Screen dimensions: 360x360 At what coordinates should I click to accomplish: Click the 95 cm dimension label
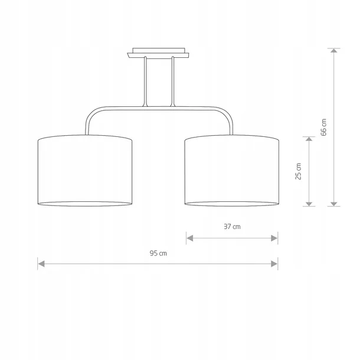coord(158,253)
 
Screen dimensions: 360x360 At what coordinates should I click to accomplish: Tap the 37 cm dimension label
coord(232,227)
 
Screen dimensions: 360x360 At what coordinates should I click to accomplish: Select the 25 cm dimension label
coord(298,171)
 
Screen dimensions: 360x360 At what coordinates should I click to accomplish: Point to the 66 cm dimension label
coord(323,127)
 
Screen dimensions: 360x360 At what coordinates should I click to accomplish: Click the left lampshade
coord(85,171)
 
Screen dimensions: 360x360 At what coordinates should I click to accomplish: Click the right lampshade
coord(232,171)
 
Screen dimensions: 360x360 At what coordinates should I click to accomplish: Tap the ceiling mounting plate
coord(158,53)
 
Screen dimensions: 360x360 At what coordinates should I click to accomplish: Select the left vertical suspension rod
coord(145,81)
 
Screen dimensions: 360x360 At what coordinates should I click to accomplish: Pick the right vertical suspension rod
coord(173,81)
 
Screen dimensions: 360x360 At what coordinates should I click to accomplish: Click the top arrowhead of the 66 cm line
coord(334,51)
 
